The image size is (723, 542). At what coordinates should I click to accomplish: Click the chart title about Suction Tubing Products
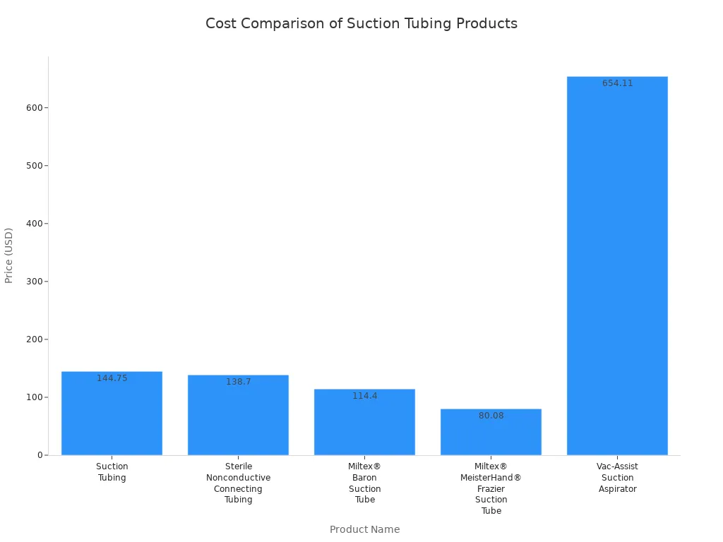pyautogui.click(x=361, y=23)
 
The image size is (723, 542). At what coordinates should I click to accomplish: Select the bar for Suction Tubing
pyautogui.click(x=112, y=416)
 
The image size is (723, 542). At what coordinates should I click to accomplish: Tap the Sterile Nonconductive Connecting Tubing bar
pyautogui.click(x=238, y=418)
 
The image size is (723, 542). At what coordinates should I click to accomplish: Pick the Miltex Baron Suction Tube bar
pyautogui.click(x=364, y=426)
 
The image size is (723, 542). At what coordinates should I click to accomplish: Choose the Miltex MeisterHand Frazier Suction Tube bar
pyautogui.click(x=491, y=435)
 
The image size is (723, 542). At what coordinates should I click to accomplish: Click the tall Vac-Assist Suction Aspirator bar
pyautogui.click(x=617, y=268)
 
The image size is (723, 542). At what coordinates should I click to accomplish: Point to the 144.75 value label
pyautogui.click(x=112, y=378)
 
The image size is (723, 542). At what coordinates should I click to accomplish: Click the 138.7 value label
pyautogui.click(x=239, y=382)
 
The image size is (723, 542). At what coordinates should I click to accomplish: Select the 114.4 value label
pyautogui.click(x=365, y=396)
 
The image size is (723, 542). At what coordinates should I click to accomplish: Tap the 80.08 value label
pyautogui.click(x=491, y=416)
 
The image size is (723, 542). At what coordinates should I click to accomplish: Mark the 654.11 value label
pyautogui.click(x=618, y=83)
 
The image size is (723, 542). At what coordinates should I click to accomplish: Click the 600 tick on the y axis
pyautogui.click(x=34, y=108)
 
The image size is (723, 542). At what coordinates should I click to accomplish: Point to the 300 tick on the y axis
pyautogui.click(x=34, y=282)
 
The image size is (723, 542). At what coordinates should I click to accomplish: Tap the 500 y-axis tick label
pyautogui.click(x=34, y=166)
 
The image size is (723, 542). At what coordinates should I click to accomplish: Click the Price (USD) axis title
pyautogui.click(x=9, y=255)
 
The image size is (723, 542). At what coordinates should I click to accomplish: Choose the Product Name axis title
pyautogui.click(x=364, y=529)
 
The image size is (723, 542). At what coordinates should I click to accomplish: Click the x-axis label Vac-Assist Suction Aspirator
pyautogui.click(x=617, y=478)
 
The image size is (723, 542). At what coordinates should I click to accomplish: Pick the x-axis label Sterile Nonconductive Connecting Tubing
pyautogui.click(x=238, y=483)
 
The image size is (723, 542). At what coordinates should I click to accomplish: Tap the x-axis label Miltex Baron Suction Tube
pyautogui.click(x=364, y=483)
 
